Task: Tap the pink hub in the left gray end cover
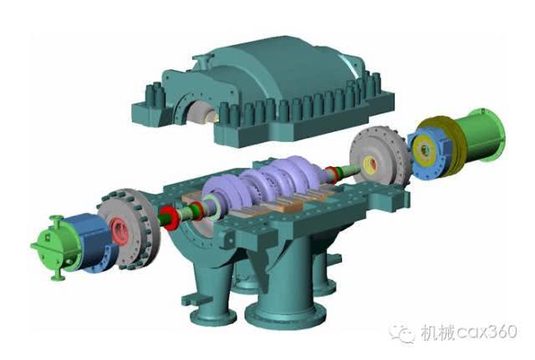click(120, 231)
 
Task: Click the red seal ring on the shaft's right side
click(331, 175)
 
